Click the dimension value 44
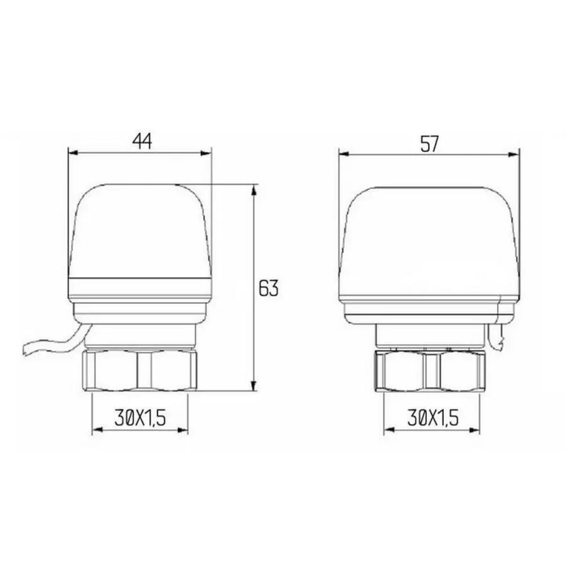pyautogui.click(x=142, y=142)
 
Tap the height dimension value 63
pyautogui.click(x=268, y=288)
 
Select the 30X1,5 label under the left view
pyautogui.click(x=140, y=417)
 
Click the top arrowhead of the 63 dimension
pyautogui.click(x=254, y=189)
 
